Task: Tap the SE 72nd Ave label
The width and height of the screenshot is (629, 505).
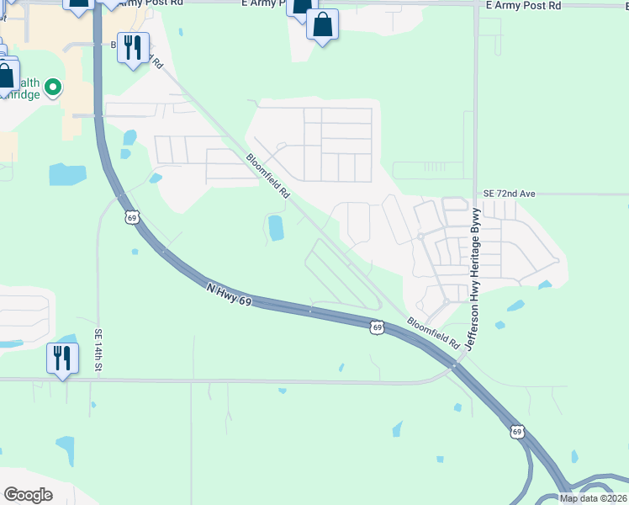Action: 509,194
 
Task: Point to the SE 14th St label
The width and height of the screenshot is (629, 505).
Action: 98,350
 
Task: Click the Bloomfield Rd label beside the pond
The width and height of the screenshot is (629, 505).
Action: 268,176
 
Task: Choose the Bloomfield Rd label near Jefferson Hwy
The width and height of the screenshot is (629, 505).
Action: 434,333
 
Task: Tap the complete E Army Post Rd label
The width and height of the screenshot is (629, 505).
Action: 523,6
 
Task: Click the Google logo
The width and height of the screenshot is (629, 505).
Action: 28,495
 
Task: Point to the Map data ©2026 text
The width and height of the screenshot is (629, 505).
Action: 593,498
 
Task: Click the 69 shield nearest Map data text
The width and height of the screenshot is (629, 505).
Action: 516,432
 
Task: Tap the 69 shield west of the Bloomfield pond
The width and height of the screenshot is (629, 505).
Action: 130,218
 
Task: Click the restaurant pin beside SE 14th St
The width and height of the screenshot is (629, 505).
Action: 62,359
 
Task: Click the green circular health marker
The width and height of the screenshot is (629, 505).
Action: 53,87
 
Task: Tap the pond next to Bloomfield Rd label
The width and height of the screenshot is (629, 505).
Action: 275,226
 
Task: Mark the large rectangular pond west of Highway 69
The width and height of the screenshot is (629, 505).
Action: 67,174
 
